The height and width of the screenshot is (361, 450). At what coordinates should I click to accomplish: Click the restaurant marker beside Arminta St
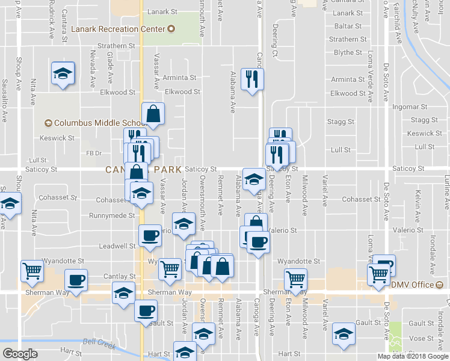pos(252,79)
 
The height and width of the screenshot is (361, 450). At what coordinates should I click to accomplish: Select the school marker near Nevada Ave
pos(63,74)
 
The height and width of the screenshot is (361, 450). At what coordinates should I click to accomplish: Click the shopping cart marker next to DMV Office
pos(379,275)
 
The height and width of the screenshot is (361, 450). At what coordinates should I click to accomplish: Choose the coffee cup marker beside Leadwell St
pos(150,235)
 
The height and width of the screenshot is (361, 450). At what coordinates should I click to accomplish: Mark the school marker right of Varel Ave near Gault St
pos(344,334)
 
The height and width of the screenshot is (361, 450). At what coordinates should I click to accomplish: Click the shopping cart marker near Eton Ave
pos(295,279)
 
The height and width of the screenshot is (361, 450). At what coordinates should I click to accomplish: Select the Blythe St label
pos(348,53)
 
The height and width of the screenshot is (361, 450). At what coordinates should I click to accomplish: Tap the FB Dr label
pos(93,153)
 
